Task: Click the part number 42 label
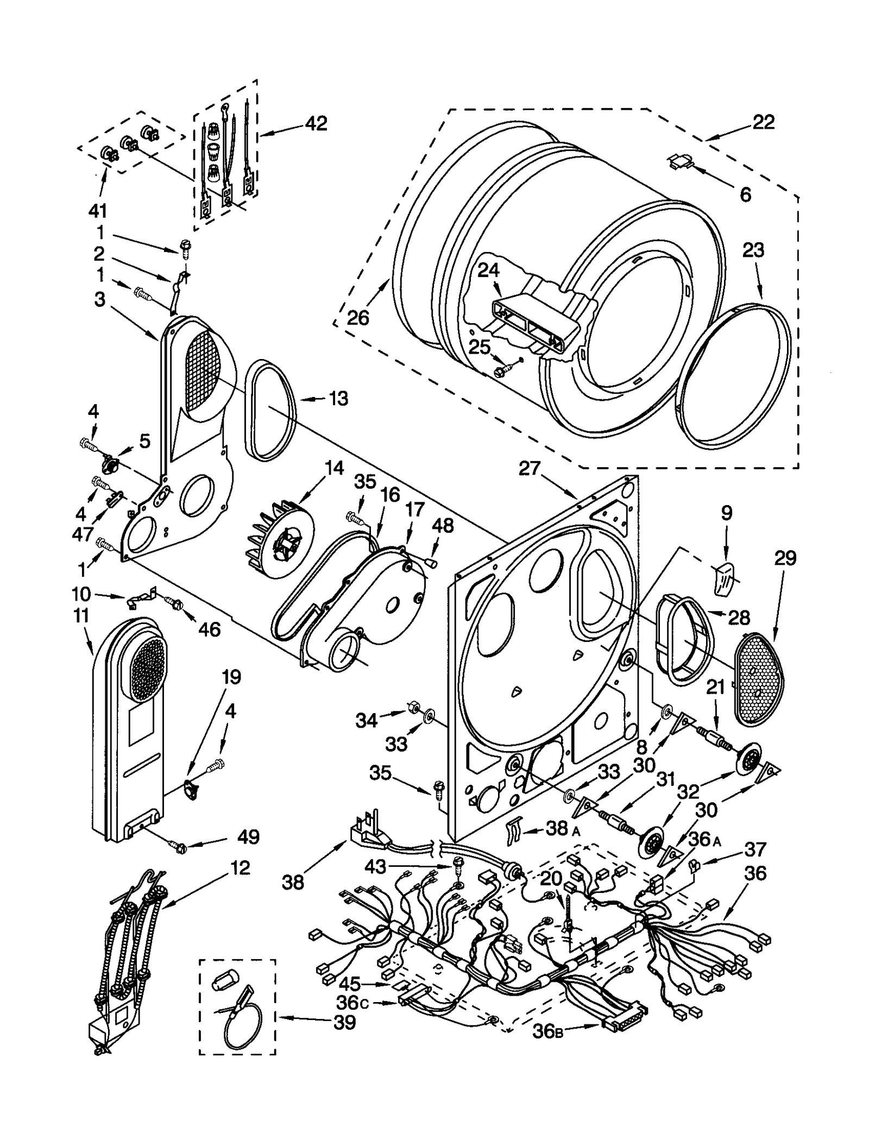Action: [316, 124]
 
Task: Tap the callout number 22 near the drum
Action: [763, 122]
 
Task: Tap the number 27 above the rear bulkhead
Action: [530, 468]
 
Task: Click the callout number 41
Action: [98, 211]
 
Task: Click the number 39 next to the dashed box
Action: [344, 1023]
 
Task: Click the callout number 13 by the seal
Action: [338, 399]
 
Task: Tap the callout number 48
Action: [443, 526]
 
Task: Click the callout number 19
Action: [231, 677]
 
